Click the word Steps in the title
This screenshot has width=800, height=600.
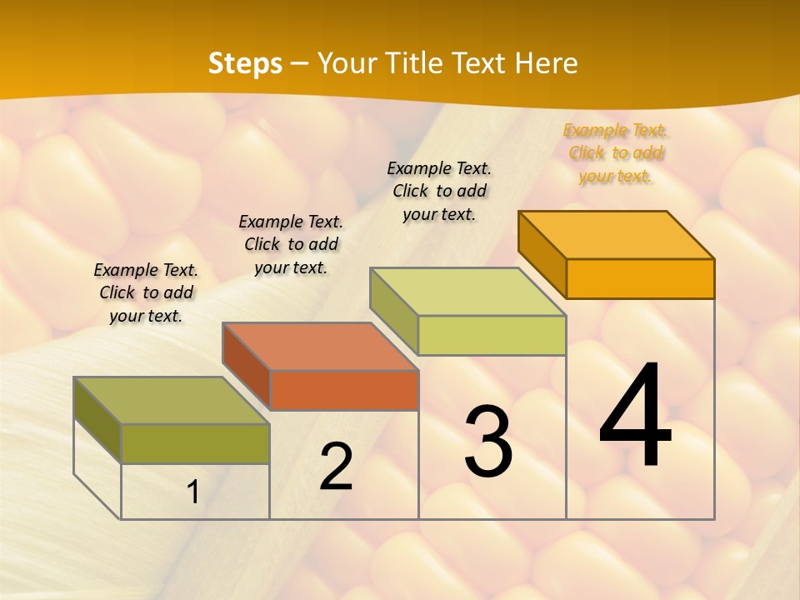tap(245, 63)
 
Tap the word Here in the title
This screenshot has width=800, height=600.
tap(546, 63)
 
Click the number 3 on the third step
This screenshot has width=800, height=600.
tap(487, 442)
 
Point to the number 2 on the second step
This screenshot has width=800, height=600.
tap(336, 467)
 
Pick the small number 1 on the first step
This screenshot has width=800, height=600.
tap(192, 492)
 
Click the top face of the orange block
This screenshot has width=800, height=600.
tap(616, 235)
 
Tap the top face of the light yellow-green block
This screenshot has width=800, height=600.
tap(467, 292)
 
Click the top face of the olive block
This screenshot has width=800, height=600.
tap(172, 401)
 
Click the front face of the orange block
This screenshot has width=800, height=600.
tap(640, 278)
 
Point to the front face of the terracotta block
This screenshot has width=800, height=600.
tap(344, 390)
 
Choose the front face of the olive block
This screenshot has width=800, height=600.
tap(195, 443)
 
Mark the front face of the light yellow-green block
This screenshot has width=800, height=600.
tap(492, 335)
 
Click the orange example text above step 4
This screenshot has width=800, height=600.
tap(615, 152)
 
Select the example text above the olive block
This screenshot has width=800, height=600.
tap(146, 292)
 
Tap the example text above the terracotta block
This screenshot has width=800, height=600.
tap(291, 244)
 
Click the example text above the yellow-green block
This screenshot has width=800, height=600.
tap(439, 191)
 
